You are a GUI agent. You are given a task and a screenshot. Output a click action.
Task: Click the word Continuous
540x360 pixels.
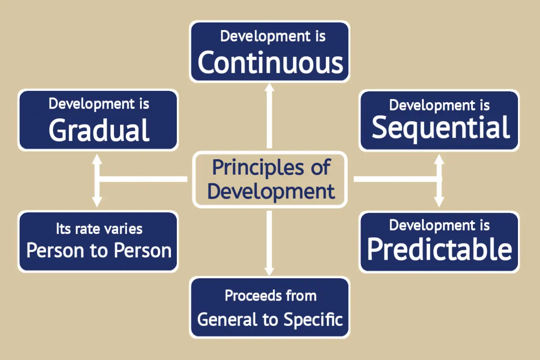[270, 63]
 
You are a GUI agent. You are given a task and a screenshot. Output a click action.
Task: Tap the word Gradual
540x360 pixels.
[99, 130]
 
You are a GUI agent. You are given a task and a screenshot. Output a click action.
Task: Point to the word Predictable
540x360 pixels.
[440, 249]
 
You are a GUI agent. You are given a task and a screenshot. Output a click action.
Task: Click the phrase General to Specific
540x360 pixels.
[270, 319]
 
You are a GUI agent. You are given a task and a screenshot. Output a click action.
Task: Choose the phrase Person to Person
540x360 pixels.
[99, 251]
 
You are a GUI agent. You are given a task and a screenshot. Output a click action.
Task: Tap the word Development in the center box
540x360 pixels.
[271, 191]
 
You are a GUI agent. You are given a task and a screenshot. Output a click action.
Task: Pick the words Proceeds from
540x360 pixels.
[270, 296]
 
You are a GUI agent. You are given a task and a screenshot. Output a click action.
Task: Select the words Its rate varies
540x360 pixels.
[99, 229]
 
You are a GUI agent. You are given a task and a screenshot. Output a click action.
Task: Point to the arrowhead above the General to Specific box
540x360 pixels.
[269, 270]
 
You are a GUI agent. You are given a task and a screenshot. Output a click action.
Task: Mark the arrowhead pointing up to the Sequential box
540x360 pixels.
[439, 158]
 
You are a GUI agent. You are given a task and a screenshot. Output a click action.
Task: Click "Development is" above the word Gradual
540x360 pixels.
[99, 104]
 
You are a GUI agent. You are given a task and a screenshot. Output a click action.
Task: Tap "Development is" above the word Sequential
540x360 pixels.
[440, 105]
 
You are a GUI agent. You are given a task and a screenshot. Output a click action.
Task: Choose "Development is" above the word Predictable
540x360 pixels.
[440, 225]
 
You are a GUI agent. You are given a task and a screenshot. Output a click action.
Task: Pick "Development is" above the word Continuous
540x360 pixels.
[270, 36]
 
